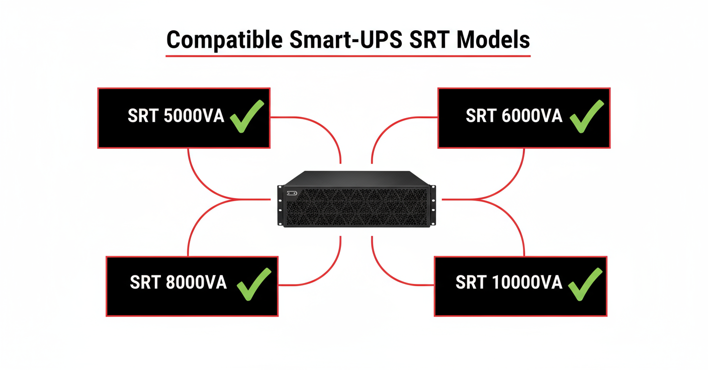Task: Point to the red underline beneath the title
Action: (x=348, y=55)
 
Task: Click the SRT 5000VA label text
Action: (x=175, y=117)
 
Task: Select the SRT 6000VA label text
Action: (x=514, y=116)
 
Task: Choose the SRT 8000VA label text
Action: (x=178, y=283)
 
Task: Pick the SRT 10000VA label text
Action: (x=508, y=283)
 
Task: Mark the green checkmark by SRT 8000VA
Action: (x=253, y=284)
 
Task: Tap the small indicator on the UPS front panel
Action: (x=292, y=193)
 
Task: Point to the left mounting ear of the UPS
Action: (x=280, y=206)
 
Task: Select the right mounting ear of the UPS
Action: (x=433, y=206)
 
